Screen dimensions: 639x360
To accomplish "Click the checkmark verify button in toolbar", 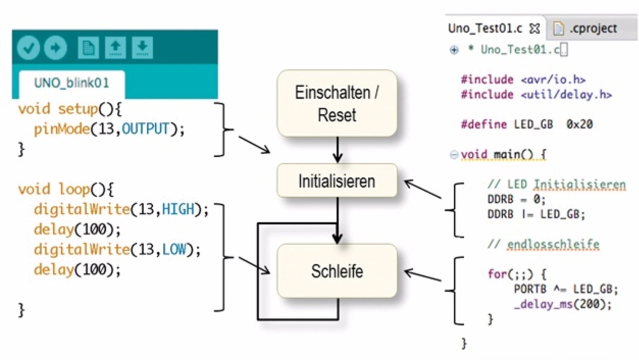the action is tap(28, 47).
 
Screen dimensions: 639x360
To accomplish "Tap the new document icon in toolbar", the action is tap(88, 47).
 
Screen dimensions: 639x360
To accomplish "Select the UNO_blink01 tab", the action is tap(71, 83).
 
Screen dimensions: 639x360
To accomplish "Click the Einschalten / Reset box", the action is tap(337, 103).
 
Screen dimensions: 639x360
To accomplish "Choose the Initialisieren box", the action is tap(337, 181).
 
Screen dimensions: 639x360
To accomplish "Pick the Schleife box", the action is tap(337, 271).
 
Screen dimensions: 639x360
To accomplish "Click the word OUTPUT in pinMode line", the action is tap(145, 129).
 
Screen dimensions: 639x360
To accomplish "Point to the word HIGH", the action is tap(178, 209).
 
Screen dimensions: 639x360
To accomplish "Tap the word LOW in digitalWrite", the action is tap(174, 250).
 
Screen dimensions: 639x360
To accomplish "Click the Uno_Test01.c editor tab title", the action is tap(485, 28).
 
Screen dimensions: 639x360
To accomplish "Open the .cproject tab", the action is tap(594, 28).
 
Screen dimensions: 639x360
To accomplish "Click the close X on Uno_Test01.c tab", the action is tap(535, 29).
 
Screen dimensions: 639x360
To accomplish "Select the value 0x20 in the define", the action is tap(580, 124).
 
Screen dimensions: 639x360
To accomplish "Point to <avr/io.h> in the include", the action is tap(554, 80).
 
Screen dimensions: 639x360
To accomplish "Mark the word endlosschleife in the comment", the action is tap(553, 245).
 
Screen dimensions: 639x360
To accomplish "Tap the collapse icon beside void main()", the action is tap(454, 155).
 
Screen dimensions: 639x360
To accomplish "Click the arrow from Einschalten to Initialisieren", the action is tap(337, 150).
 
